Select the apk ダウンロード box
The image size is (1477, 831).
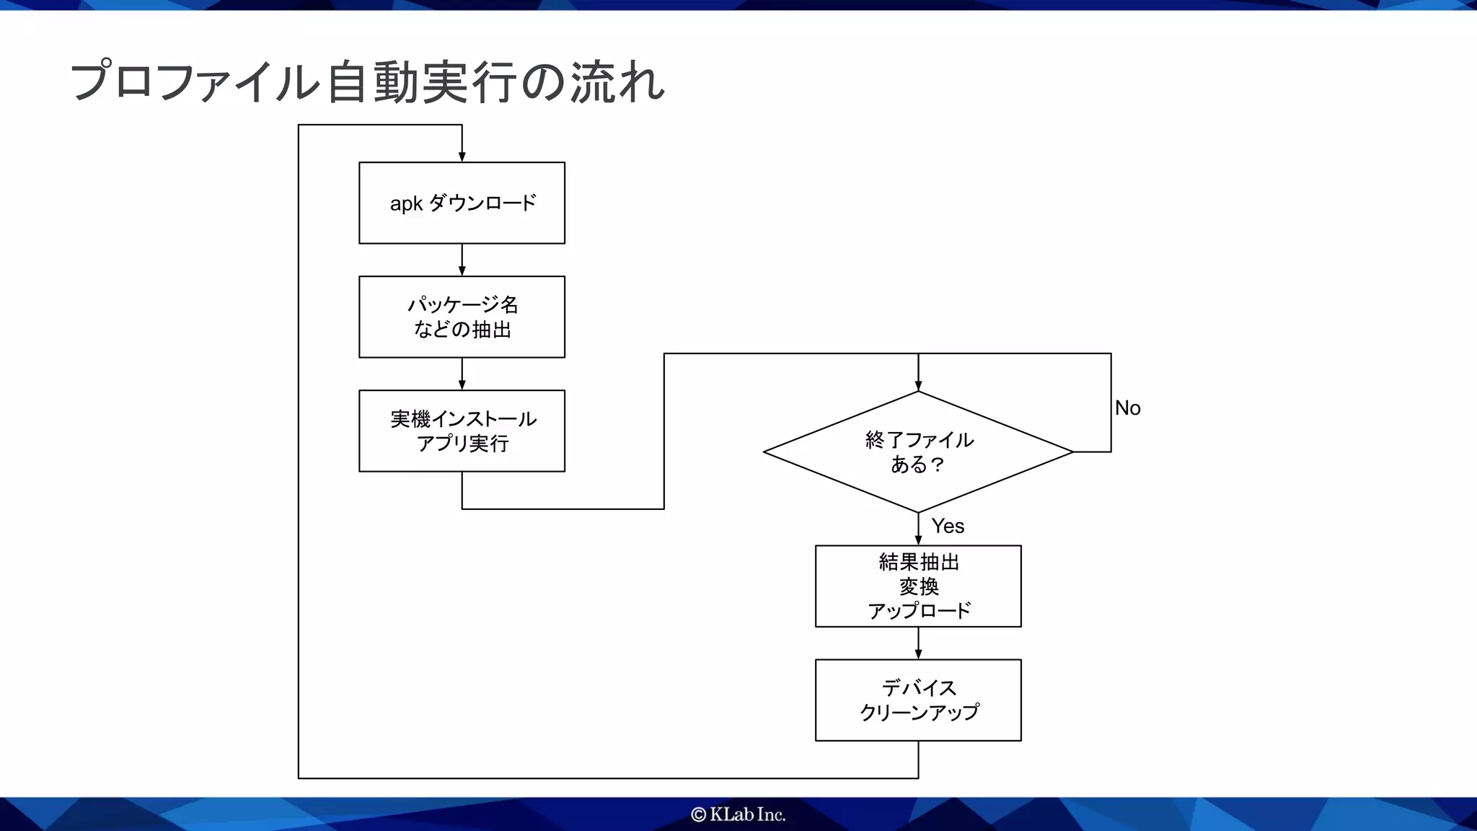462,203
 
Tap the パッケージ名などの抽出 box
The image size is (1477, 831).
462,317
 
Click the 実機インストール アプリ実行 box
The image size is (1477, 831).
462,431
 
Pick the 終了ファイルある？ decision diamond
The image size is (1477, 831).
918,452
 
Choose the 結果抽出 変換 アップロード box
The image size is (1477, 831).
918,586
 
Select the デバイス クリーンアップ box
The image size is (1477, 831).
918,700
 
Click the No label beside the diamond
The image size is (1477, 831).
1127,408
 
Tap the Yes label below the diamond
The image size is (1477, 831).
948,526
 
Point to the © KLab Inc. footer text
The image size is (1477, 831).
738,814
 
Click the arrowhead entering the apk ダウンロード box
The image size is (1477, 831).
462,157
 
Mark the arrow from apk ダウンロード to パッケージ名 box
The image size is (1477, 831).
462,260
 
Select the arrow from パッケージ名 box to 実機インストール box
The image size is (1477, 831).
462,374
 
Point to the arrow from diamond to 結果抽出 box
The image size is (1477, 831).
918,529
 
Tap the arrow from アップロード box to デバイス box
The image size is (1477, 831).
918,643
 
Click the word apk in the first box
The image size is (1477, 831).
406,204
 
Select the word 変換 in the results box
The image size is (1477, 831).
919,586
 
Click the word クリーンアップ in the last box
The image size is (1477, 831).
919,712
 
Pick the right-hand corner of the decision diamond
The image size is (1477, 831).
1072,452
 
